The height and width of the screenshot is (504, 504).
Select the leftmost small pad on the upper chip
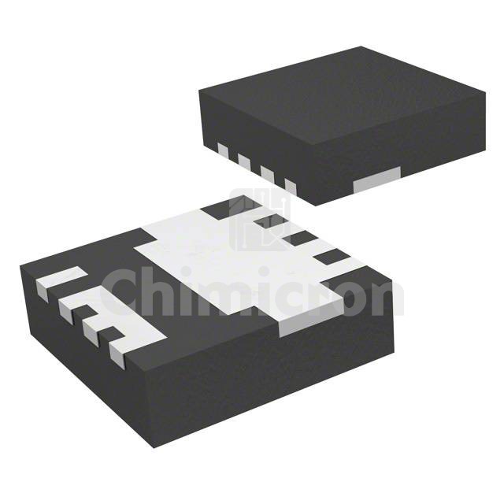coord(222,152)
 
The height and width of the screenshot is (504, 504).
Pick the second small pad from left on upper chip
coord(243,162)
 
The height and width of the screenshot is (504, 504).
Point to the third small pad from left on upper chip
coord(266,174)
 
